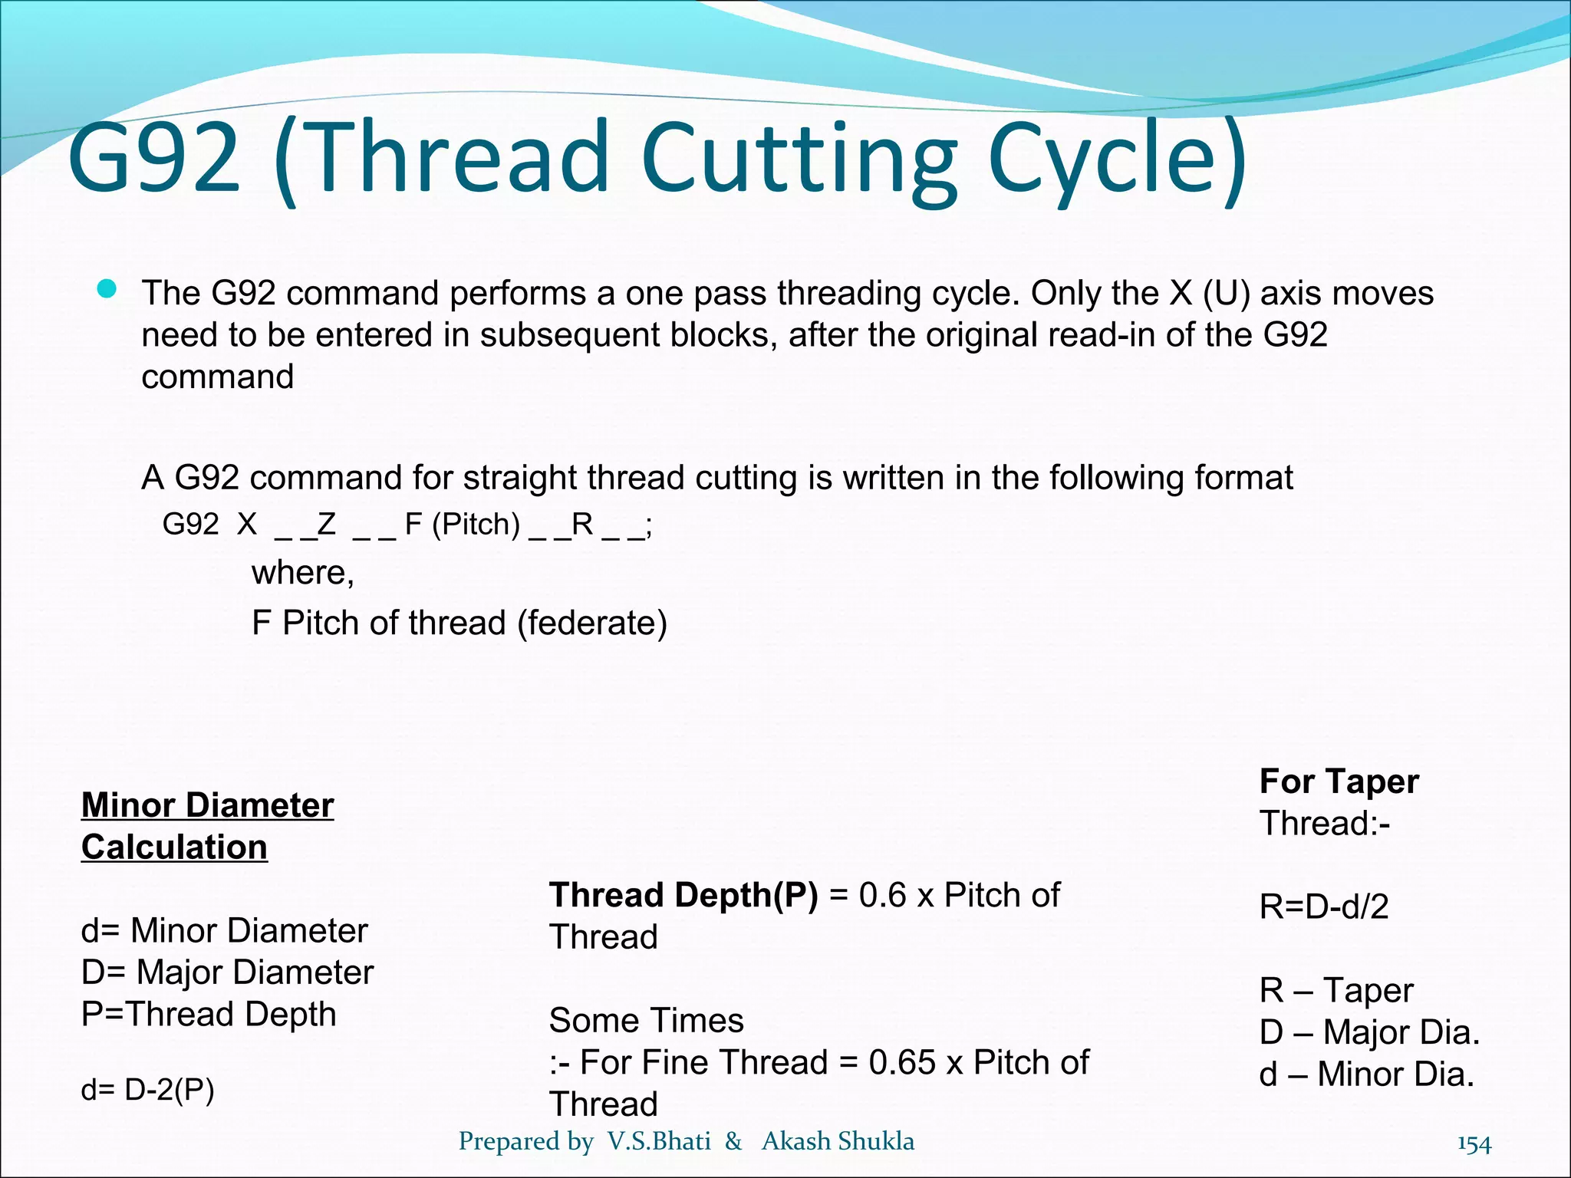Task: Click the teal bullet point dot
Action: [107, 290]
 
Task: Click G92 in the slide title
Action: [154, 157]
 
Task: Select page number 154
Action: [1474, 1144]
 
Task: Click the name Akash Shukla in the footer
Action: [838, 1141]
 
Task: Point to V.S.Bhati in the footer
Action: [659, 1141]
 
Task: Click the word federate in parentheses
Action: [591, 623]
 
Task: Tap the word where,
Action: [303, 573]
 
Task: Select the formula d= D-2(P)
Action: [147, 1089]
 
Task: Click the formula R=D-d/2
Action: [1324, 907]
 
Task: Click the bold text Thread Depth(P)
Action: [683, 895]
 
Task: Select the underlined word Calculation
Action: [174, 847]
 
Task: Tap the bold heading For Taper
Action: [1339, 781]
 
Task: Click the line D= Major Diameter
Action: [227, 972]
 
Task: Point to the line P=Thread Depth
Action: [209, 1014]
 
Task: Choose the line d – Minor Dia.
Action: [1367, 1074]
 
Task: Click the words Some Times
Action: [646, 1021]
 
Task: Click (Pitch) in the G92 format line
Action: [476, 525]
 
